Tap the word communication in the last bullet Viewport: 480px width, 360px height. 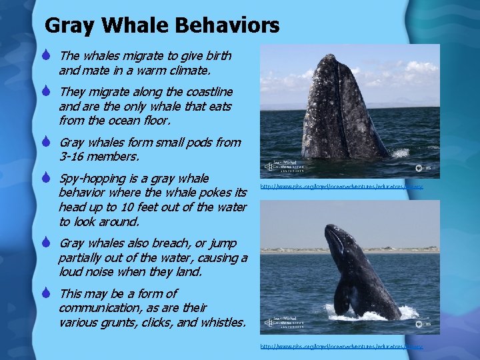[101, 308]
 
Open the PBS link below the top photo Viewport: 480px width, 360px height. [341, 187]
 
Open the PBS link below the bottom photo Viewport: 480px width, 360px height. [341, 347]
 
